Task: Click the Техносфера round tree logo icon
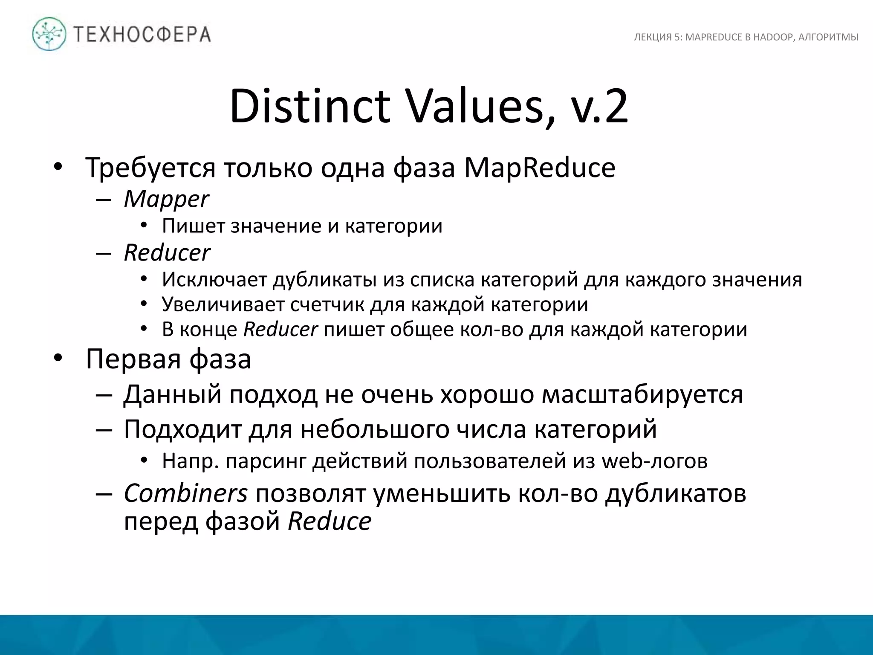click(49, 35)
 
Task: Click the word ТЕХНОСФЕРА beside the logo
click(142, 35)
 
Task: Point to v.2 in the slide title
click(599, 106)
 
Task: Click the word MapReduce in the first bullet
click(540, 168)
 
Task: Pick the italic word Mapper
click(166, 199)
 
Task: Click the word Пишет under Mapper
click(194, 226)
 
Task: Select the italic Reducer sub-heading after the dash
click(167, 253)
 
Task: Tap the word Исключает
click(215, 280)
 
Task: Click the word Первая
click(133, 359)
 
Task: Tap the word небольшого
click(375, 429)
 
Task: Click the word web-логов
click(654, 461)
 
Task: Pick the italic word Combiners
click(185, 493)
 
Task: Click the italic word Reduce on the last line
click(330, 521)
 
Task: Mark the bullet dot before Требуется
click(58, 168)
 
